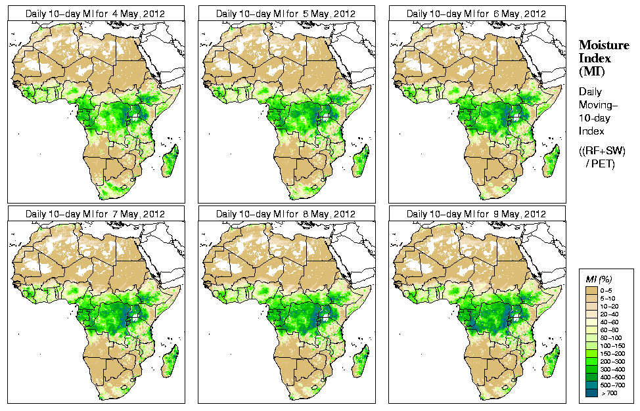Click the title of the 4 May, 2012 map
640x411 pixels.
(x=95, y=13)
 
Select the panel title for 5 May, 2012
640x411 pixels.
(x=286, y=13)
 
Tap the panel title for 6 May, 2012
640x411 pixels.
(x=476, y=13)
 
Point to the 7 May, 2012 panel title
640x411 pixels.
(x=95, y=214)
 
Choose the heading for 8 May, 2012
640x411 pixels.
(x=286, y=214)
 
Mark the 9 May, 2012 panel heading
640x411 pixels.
(x=476, y=214)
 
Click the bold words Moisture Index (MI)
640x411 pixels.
(x=603, y=57)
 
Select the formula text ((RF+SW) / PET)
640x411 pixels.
(x=602, y=157)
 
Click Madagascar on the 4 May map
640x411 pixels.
(x=171, y=161)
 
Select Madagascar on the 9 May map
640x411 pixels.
(x=552, y=361)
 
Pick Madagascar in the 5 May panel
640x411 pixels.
(x=361, y=161)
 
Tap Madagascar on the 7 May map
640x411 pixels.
(x=171, y=361)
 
